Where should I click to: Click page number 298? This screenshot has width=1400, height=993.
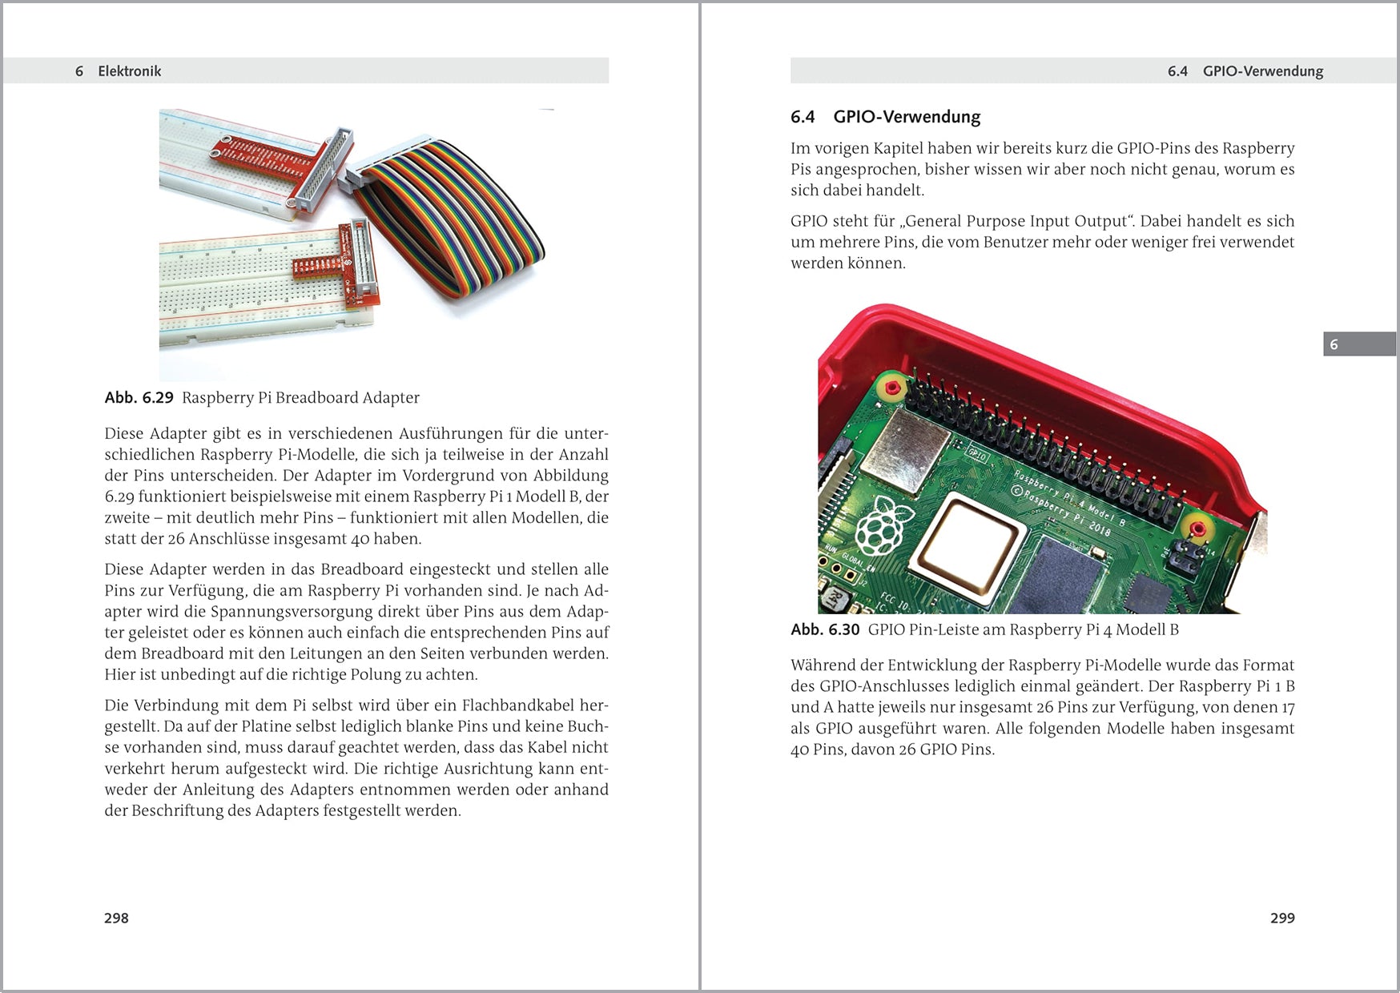coord(116,918)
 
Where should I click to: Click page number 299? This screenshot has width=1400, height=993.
coord(1281,918)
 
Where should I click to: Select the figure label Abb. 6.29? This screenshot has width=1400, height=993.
coord(139,398)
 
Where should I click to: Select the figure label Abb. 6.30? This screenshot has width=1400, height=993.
coord(824,629)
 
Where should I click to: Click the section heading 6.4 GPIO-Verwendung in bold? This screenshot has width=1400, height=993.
coord(885,117)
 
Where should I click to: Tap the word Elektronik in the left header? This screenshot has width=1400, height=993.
coord(129,71)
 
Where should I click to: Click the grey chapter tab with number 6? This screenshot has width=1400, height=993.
coord(1358,344)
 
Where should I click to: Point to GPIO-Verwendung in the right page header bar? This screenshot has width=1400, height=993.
coord(1262,71)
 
